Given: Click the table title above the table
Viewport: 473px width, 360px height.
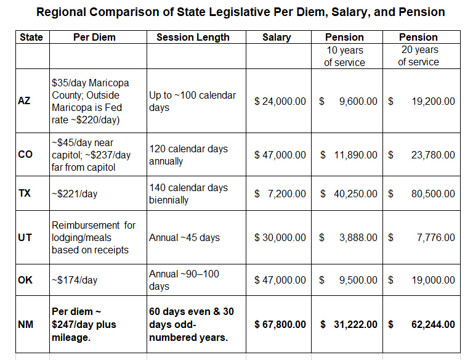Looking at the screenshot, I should [x=240, y=12].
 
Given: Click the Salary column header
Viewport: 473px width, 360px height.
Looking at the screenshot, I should [x=277, y=38].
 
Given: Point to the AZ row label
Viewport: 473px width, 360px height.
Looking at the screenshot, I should [x=24, y=100].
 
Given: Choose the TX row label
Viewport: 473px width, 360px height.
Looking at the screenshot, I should [x=25, y=194].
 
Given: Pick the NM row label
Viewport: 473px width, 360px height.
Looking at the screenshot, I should [x=25, y=324].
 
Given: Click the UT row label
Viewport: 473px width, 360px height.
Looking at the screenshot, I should [x=25, y=237].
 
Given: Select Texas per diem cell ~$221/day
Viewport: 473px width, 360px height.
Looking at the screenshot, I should [x=75, y=194].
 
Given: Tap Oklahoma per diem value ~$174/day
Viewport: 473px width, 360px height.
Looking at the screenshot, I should [x=75, y=280].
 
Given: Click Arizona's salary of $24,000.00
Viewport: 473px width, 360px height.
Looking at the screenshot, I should [x=280, y=101].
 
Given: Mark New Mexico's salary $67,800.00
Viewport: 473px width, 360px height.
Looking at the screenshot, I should [x=280, y=324].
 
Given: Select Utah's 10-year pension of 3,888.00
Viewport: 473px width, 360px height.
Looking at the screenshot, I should [x=358, y=237].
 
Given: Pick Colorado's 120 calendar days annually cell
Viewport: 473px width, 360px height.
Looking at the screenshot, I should [x=188, y=155].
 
